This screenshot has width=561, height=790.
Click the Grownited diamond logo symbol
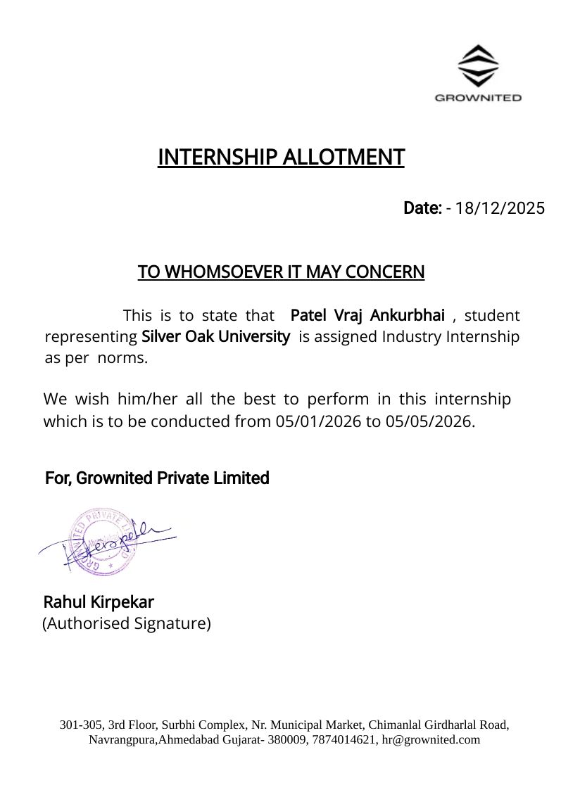point(478,66)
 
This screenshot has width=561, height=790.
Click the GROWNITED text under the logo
point(478,98)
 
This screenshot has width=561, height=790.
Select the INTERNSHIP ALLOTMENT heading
point(281,157)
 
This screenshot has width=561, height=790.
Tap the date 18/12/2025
point(500,208)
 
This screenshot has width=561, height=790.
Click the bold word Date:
point(422,208)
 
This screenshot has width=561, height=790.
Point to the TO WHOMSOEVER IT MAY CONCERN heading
point(281,272)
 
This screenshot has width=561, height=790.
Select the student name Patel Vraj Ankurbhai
point(367,314)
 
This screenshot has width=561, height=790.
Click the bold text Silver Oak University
point(216,336)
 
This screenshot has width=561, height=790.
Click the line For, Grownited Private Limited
point(157,478)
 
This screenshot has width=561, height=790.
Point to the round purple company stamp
point(101,541)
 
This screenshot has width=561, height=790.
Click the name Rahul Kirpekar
point(99,602)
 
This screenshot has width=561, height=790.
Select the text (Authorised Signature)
point(127,623)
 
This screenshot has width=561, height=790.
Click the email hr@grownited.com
point(431,739)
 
